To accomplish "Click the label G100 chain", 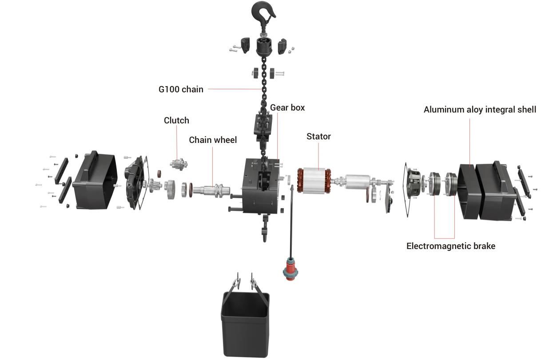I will tap(181, 89).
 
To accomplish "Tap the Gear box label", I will tap(287, 108).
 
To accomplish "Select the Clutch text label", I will tap(176, 120).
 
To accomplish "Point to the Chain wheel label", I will tap(213, 140).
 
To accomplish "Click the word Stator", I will tap(318, 136).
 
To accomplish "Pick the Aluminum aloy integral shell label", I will tap(480, 110).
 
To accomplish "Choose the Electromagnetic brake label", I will tap(450, 246).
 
